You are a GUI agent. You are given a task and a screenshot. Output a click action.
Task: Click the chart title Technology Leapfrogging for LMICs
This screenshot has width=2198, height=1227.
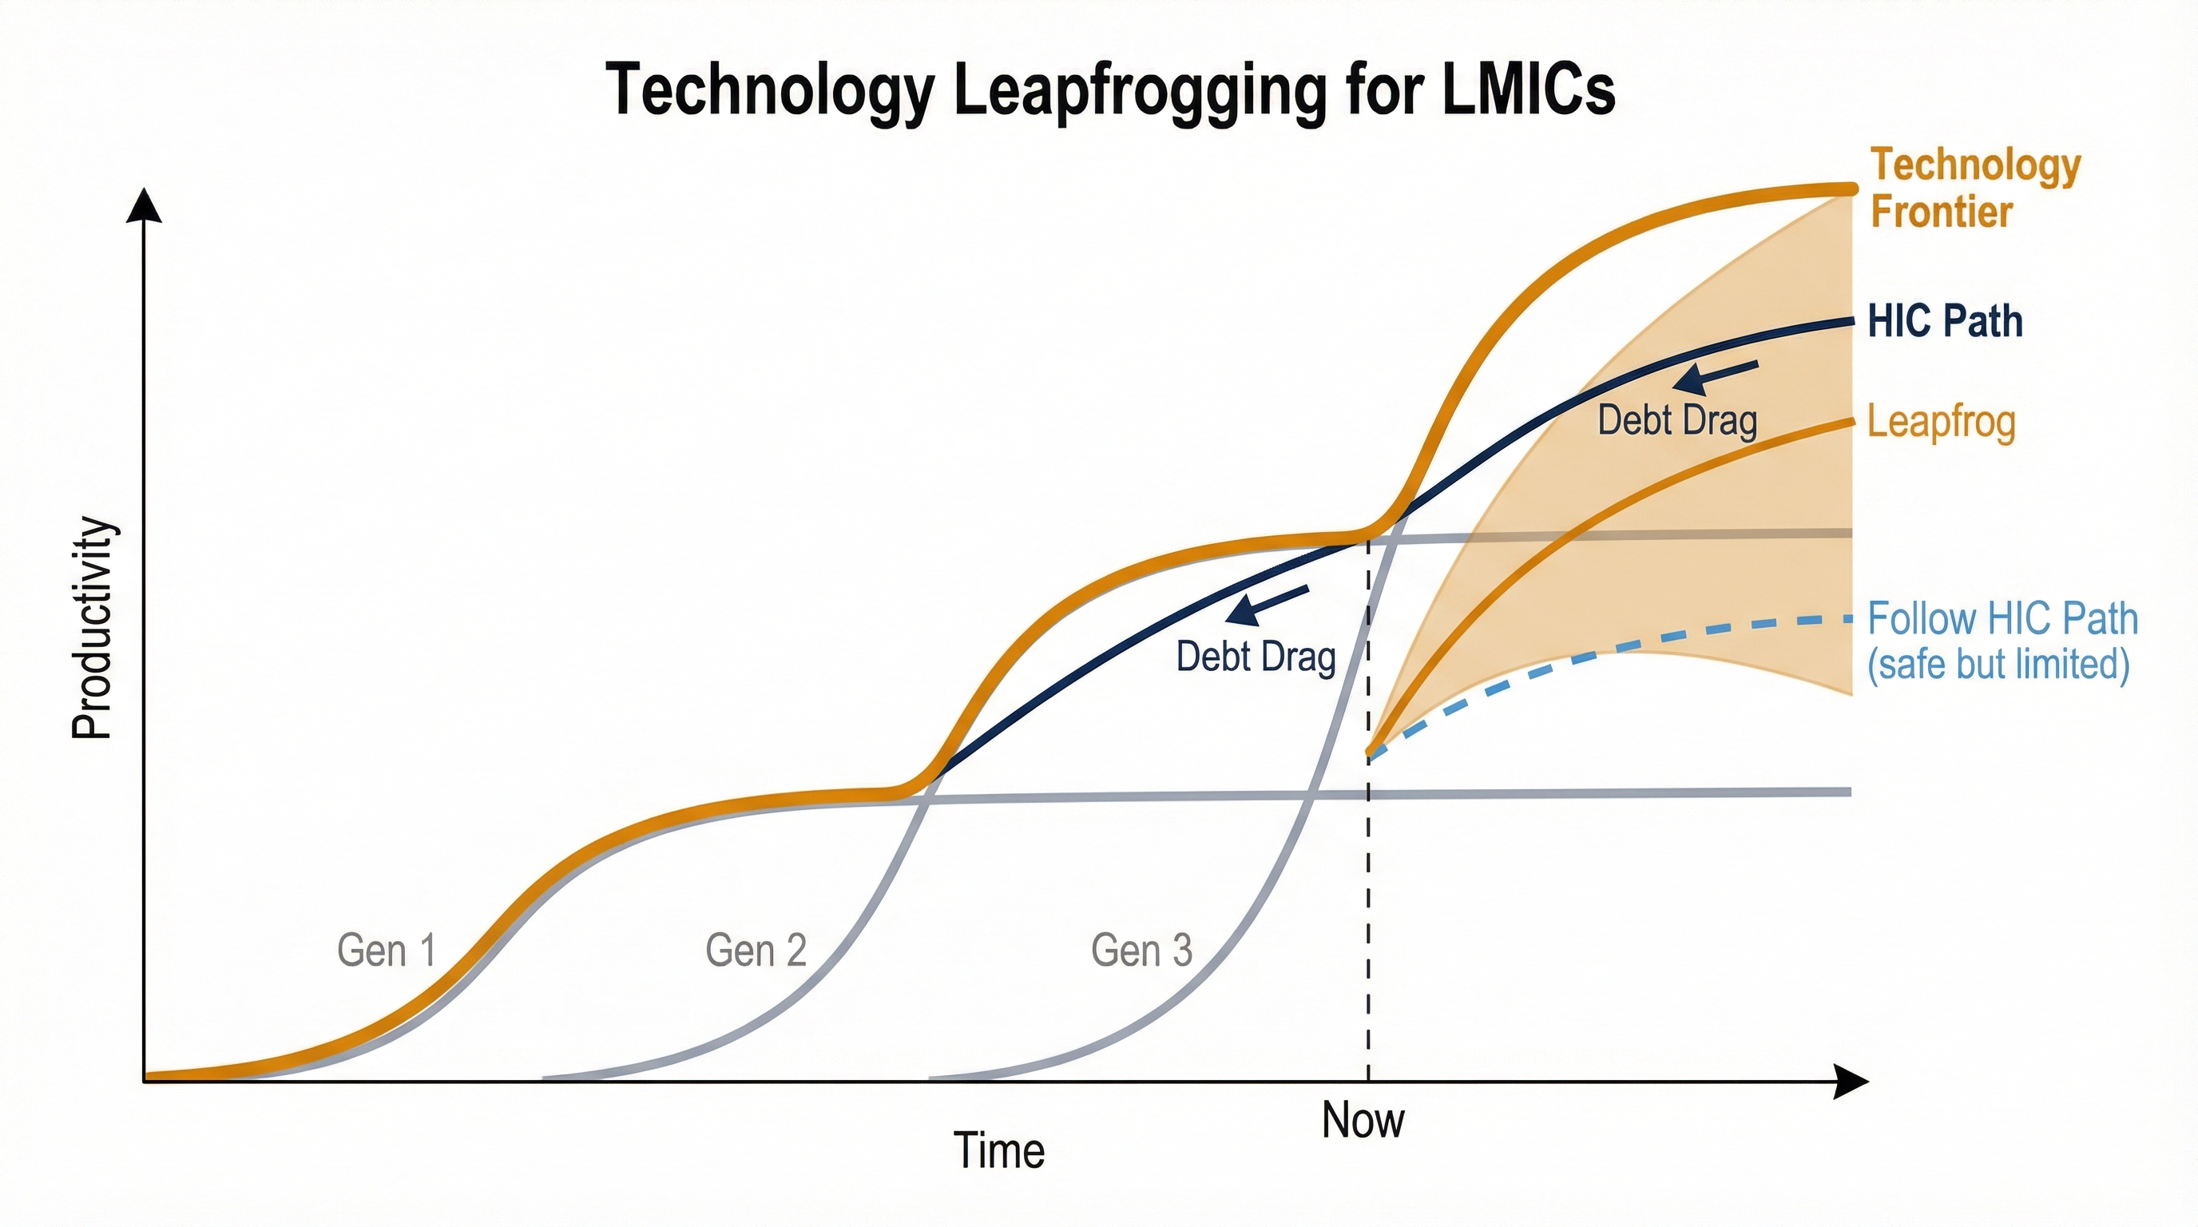click(1110, 90)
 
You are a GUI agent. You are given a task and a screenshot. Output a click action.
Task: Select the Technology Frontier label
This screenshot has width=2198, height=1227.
click(1974, 188)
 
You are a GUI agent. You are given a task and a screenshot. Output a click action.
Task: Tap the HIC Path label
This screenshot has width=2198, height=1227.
click(1945, 322)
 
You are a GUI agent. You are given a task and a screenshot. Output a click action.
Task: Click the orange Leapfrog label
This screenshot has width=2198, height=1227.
click(1941, 423)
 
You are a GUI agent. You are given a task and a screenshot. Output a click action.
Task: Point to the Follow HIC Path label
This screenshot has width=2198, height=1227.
click(2002, 641)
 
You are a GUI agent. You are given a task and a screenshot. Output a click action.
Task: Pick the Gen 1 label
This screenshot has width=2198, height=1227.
click(387, 951)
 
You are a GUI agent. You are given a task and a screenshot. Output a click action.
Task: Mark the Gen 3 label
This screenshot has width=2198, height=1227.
click(1141, 951)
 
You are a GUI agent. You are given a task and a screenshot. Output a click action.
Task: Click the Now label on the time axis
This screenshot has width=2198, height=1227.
click(1363, 1120)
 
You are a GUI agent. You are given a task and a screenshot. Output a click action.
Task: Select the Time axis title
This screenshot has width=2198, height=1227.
click(998, 1150)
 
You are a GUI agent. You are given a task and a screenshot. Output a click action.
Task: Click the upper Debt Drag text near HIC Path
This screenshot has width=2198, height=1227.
click(1676, 421)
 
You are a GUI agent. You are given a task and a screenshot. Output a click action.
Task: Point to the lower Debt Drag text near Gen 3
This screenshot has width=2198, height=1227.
click(1256, 657)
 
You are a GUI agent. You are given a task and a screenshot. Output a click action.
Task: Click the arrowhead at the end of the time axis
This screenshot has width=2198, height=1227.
click(1850, 1082)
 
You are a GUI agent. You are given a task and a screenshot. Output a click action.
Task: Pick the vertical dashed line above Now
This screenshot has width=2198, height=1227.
click(1369, 896)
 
